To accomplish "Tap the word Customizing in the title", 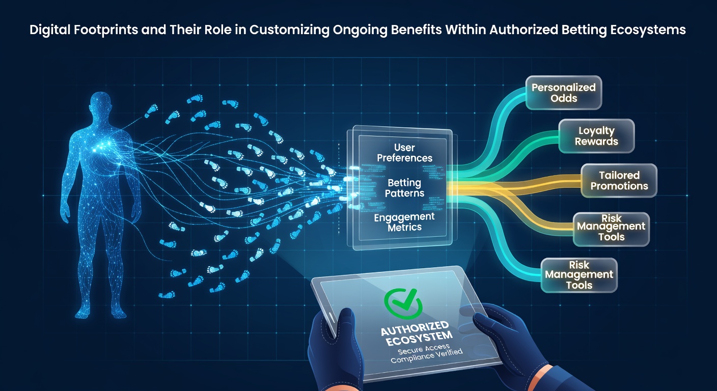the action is coord(289,30).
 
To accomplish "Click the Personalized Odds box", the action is coord(564,93).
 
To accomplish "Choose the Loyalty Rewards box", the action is coord(597,136).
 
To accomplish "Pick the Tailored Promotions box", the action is coord(619,180).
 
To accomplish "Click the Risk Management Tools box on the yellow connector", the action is coord(612,229).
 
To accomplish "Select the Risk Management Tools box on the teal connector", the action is coord(579,275).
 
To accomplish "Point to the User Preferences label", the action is coord(405,153).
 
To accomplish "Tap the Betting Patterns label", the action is coord(405,188).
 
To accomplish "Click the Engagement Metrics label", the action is coord(404,222).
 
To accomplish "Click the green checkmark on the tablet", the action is coord(403,303).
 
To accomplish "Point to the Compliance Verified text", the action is coord(427,356).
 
